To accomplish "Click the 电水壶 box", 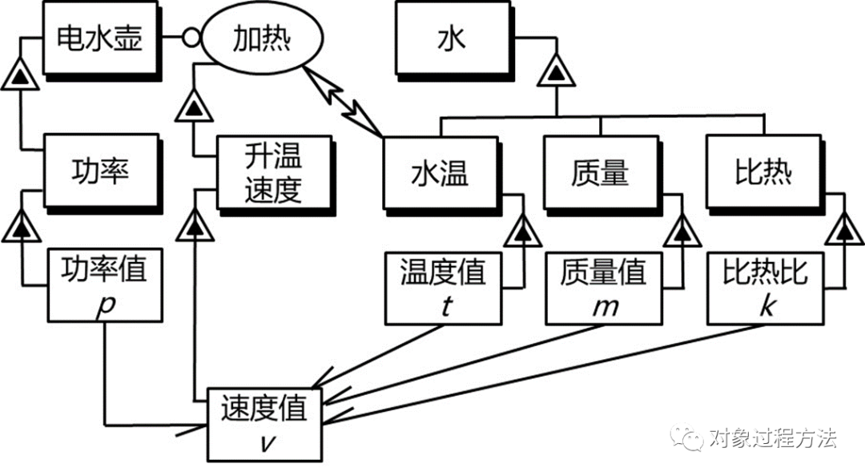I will click(99, 38).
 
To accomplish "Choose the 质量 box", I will click(601, 172).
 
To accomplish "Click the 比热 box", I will click(762, 172).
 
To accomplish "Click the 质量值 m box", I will click(602, 288).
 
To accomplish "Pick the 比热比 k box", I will click(764, 288).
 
